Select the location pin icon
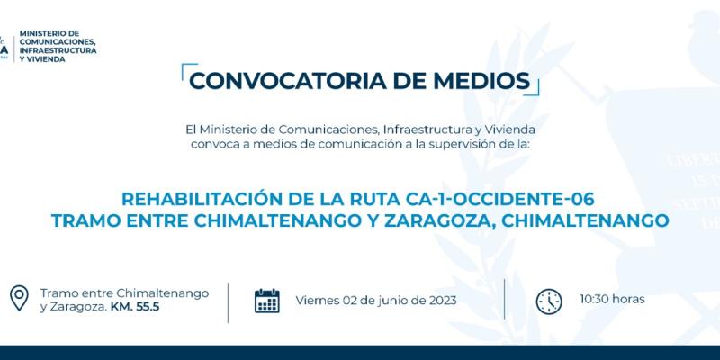click(x=19, y=299)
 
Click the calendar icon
click(x=267, y=301)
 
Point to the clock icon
click(x=548, y=301)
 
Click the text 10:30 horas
click(x=612, y=298)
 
